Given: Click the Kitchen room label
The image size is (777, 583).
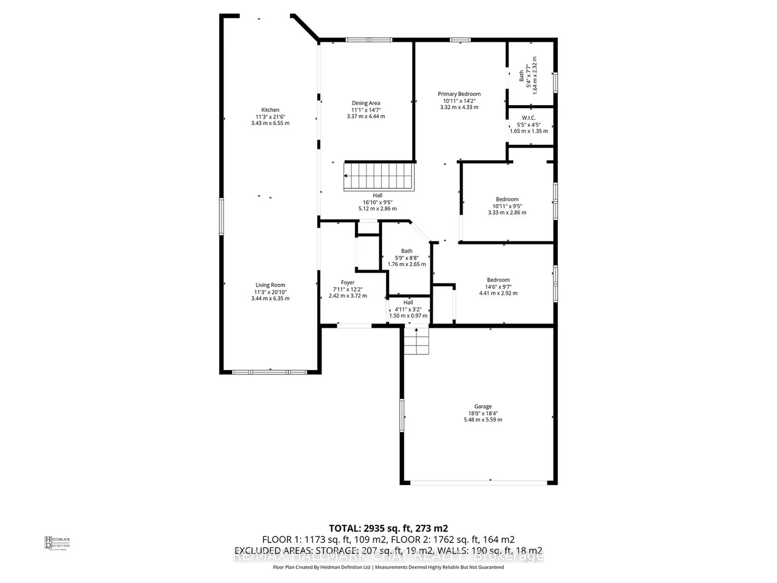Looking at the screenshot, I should coord(270,110).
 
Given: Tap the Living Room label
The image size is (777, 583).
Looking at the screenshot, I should coord(270,285).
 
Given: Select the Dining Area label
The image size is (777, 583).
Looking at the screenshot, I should coord(366,103).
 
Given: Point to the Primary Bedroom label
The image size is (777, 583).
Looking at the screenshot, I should coord(459,94).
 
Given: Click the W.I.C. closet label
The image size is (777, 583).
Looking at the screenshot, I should coord(528,118).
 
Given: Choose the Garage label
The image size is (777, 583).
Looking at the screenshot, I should coord(483,407).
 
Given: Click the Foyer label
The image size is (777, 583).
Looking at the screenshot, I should coord(348,283).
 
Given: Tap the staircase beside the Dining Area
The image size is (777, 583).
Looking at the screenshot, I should coord(379,176).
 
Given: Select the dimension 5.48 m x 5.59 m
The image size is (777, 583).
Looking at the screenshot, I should coord(483,420).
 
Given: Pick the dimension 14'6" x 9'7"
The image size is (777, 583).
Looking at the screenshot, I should coord(498,286).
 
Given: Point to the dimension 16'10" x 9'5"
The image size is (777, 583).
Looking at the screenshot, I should coord(378,202).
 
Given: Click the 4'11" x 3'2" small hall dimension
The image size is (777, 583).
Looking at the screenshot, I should coord(408,309).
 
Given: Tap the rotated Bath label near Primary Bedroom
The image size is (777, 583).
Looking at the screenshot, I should coord(521,75).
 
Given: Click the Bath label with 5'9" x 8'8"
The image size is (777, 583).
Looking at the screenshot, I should coord(406,251).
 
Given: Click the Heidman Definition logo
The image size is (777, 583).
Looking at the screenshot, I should coord(57,542).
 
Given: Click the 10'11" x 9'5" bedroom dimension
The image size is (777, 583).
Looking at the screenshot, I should coord(507,206).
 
